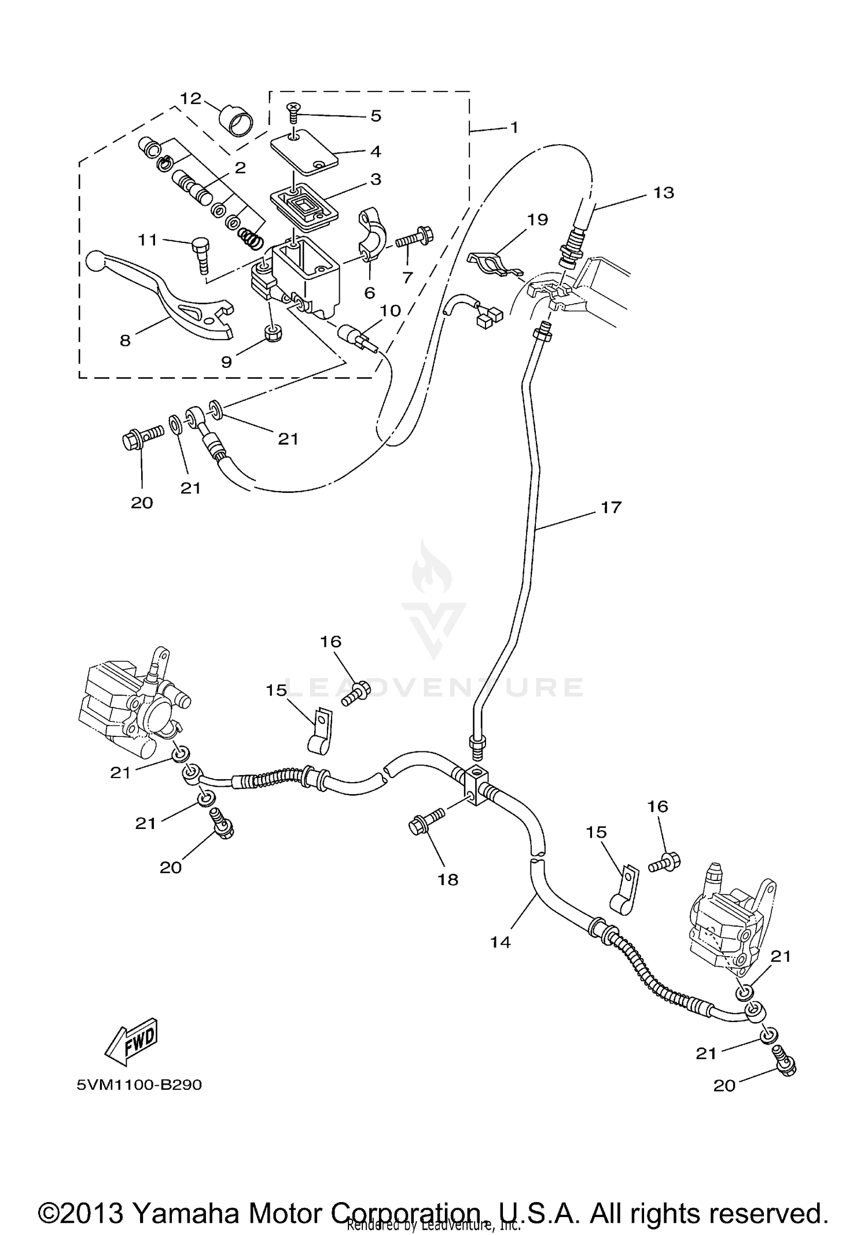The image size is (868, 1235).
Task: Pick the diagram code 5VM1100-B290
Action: (139, 1085)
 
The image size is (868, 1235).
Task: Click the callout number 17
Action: (611, 507)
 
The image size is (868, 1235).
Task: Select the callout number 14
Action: (501, 942)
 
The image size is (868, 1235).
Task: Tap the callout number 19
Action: (538, 219)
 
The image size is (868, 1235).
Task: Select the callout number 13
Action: (664, 192)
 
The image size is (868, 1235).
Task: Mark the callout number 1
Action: (514, 127)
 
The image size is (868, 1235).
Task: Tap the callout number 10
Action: (390, 311)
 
